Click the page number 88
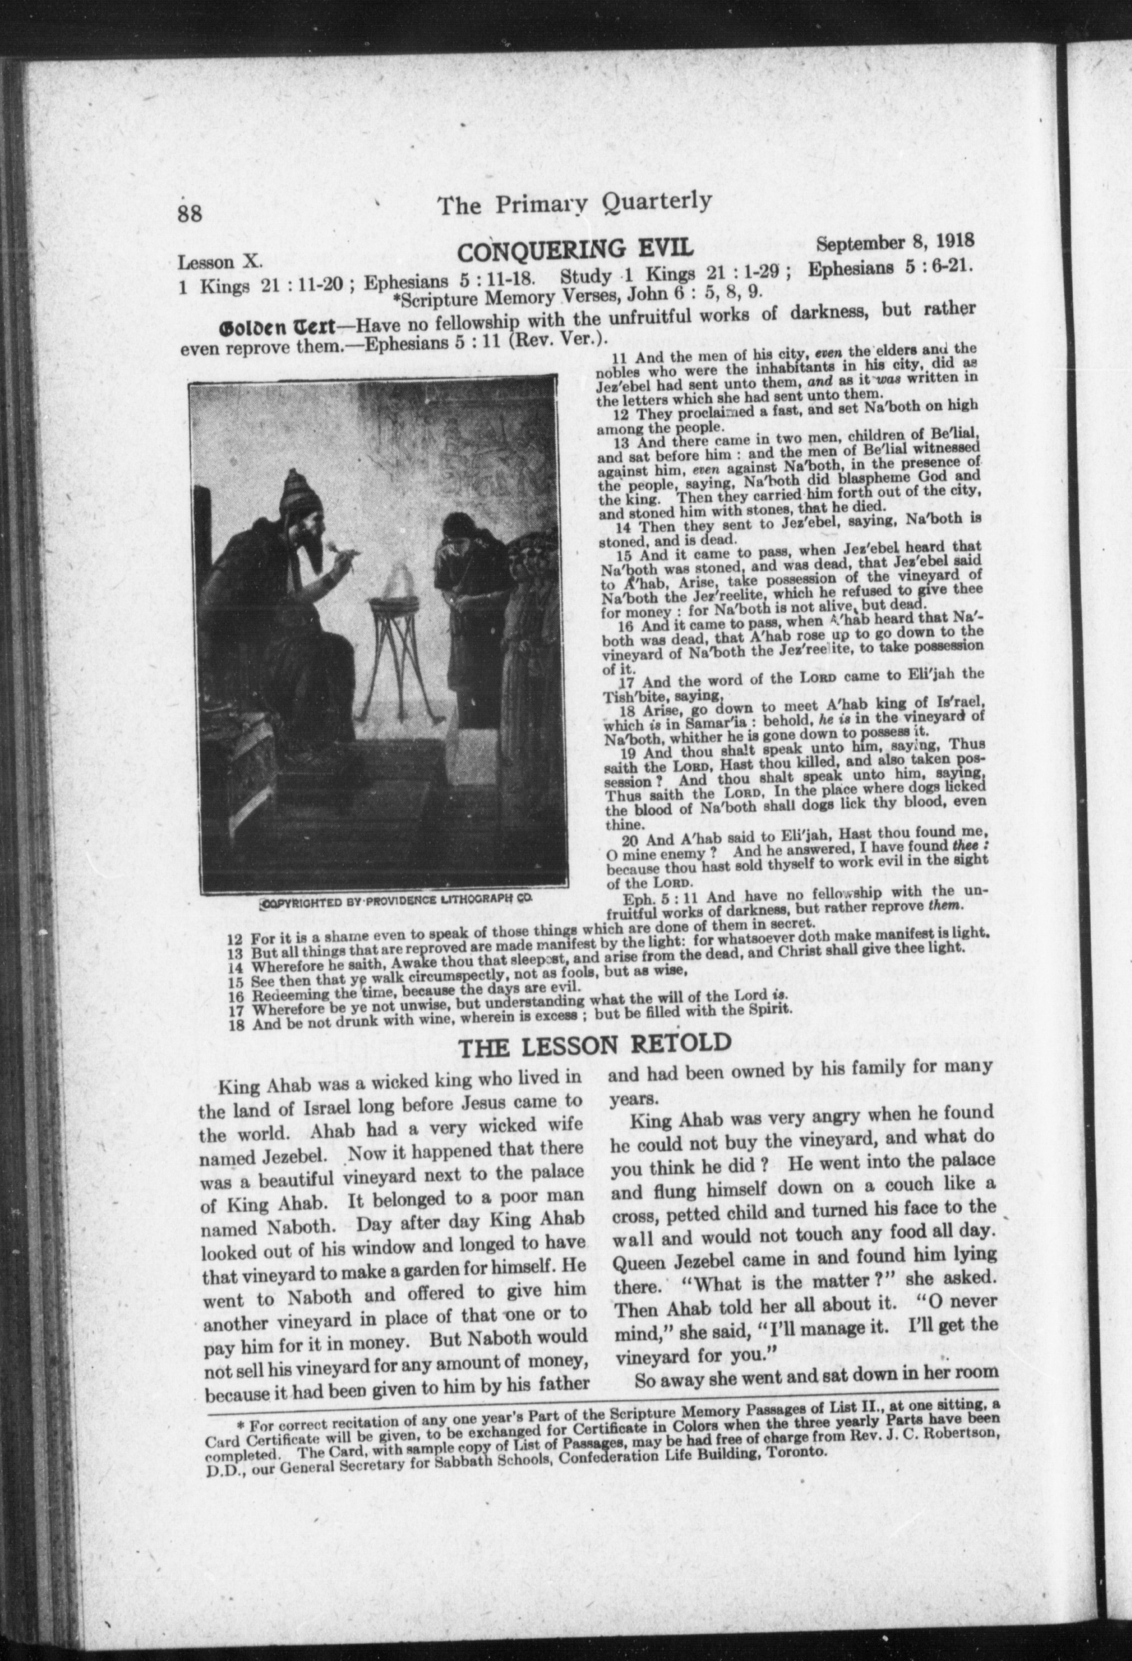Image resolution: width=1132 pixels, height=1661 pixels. (190, 213)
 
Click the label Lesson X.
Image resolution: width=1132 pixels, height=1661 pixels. (221, 261)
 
